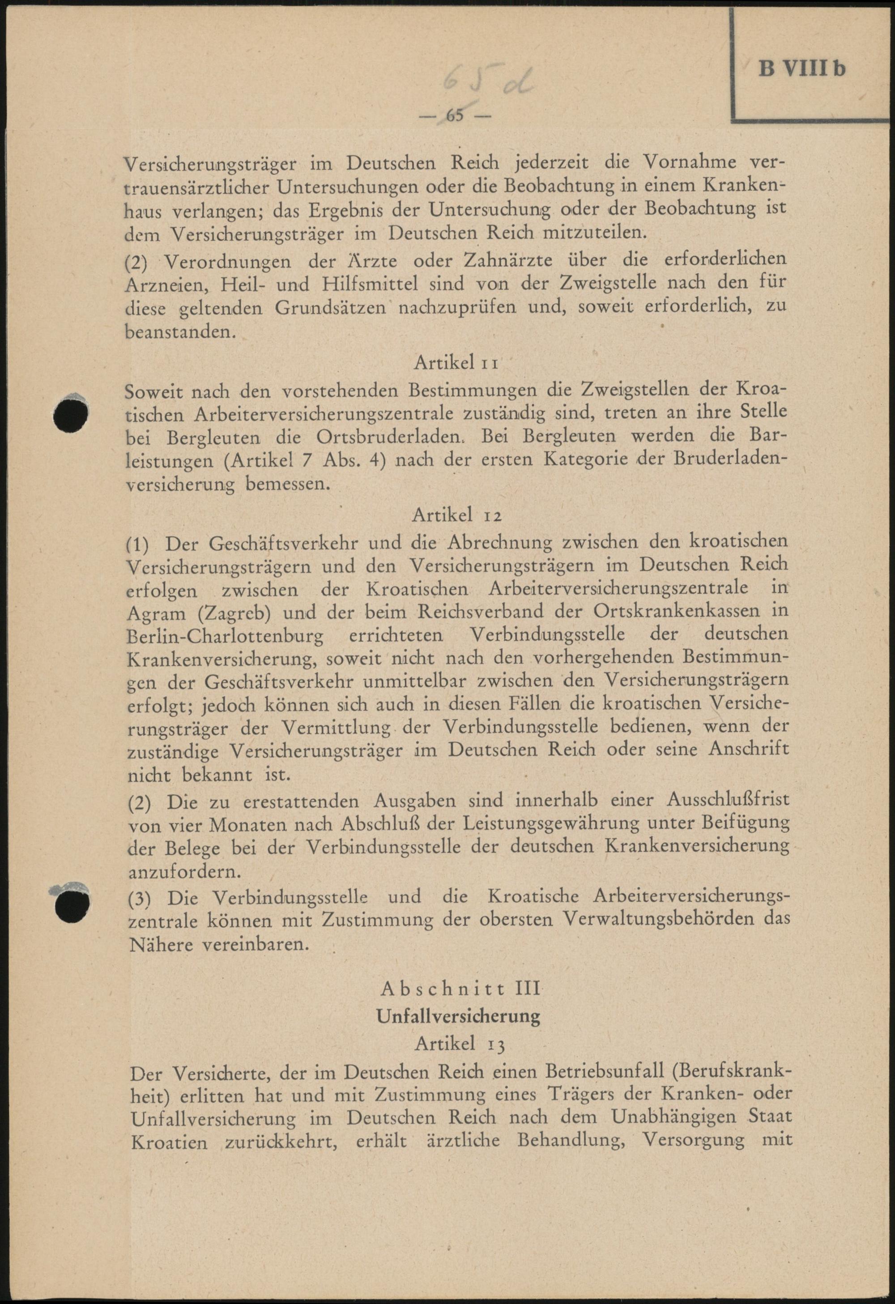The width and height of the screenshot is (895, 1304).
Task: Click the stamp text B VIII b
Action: (x=801, y=69)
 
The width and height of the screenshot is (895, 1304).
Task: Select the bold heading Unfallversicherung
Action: (x=459, y=1016)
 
